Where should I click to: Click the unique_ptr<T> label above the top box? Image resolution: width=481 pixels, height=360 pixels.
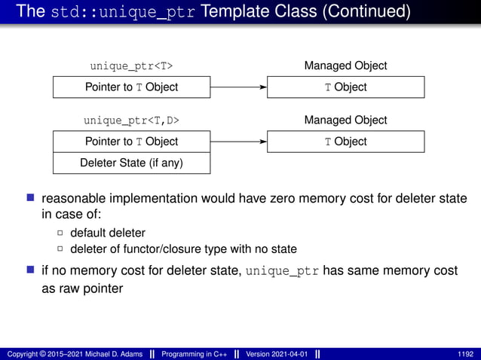coord(131,66)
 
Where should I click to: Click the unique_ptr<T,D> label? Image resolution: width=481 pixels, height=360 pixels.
coord(131,121)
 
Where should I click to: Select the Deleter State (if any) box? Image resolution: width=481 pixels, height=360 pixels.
coord(131,163)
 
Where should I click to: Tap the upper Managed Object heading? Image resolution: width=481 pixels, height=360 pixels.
coord(345,66)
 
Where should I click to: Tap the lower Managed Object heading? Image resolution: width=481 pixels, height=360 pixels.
coord(345,121)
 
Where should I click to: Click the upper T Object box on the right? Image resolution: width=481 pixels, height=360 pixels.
coord(345,87)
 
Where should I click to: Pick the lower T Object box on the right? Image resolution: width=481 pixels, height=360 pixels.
coord(345,142)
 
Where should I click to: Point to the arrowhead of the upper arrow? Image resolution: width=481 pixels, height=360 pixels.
coord(263,87)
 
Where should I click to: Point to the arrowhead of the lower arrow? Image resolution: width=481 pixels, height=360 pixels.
coord(263,142)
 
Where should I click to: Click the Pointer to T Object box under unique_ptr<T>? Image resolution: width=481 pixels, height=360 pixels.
coord(131,87)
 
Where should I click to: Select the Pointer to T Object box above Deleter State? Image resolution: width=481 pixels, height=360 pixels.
coord(131,142)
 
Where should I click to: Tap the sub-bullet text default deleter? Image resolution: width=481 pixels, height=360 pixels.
coord(108,233)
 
